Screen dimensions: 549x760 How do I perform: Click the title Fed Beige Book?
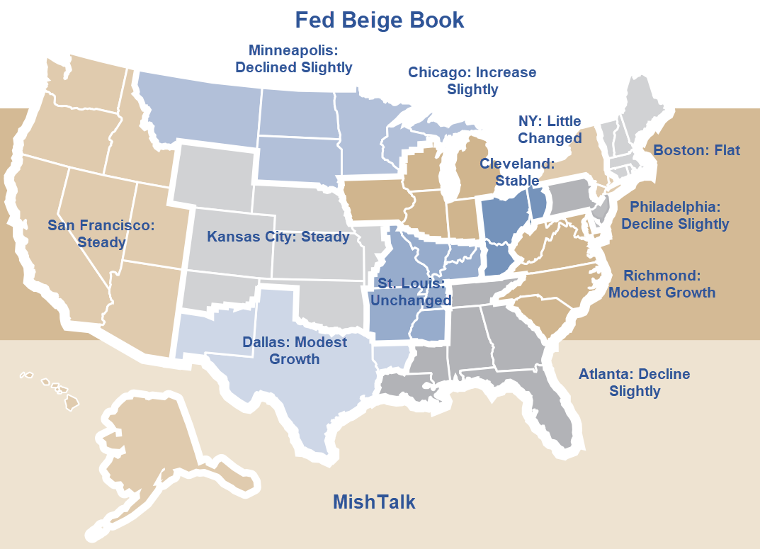click(x=380, y=20)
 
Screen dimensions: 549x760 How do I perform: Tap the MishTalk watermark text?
click(x=374, y=502)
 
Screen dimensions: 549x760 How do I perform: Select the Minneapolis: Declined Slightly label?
click(x=293, y=59)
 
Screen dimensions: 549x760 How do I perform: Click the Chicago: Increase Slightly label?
click(x=472, y=81)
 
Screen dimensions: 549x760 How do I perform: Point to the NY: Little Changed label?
click(x=550, y=130)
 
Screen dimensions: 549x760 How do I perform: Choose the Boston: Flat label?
click(x=696, y=150)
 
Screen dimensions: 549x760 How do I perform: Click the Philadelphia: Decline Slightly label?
click(x=674, y=215)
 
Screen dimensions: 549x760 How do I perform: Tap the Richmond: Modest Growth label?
click(x=662, y=284)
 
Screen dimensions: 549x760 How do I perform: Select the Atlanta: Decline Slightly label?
click(x=634, y=383)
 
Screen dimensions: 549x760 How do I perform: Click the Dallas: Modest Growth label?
click(x=295, y=351)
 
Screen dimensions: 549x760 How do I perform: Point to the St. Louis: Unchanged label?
click(x=411, y=292)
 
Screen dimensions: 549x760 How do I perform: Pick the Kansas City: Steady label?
click(x=278, y=237)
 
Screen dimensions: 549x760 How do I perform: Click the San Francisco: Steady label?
click(x=101, y=234)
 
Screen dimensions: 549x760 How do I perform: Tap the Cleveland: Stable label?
click(x=517, y=172)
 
